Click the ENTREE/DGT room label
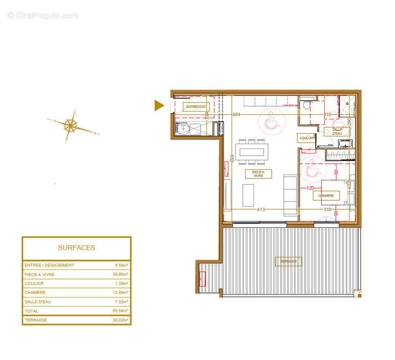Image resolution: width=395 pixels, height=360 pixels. [x=196, y=107]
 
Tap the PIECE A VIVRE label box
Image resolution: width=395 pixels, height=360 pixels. [x=258, y=174]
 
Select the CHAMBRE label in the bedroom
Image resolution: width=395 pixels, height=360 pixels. [x=326, y=196]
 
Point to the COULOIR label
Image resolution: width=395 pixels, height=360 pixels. [x=306, y=138]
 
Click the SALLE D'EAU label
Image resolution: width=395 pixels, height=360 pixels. [x=337, y=131]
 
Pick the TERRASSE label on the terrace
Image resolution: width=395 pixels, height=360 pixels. [x=289, y=261]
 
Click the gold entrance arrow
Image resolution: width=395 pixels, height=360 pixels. [x=159, y=105]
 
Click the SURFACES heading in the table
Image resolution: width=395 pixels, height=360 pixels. [x=77, y=247]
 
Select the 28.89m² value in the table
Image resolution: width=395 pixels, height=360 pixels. [x=120, y=274]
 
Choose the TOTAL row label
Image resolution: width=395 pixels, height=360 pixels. [x=32, y=311]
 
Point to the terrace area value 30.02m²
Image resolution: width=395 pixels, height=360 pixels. [x=120, y=320]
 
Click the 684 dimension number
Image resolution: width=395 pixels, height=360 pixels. [x=236, y=115]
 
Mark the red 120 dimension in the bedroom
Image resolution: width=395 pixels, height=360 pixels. [x=310, y=188]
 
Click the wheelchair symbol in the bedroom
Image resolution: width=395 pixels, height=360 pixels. [x=312, y=170]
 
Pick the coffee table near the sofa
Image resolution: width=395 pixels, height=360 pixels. [x=248, y=195]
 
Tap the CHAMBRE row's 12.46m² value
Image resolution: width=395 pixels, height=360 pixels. [x=120, y=292]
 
